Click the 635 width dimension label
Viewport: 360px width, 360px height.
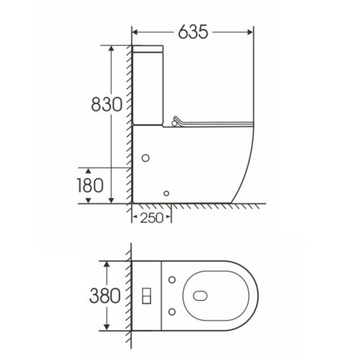192,32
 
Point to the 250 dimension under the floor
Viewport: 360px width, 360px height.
150,218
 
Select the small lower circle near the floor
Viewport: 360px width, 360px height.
168,192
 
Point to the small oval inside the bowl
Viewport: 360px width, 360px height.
199,294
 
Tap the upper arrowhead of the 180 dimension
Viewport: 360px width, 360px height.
112,166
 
